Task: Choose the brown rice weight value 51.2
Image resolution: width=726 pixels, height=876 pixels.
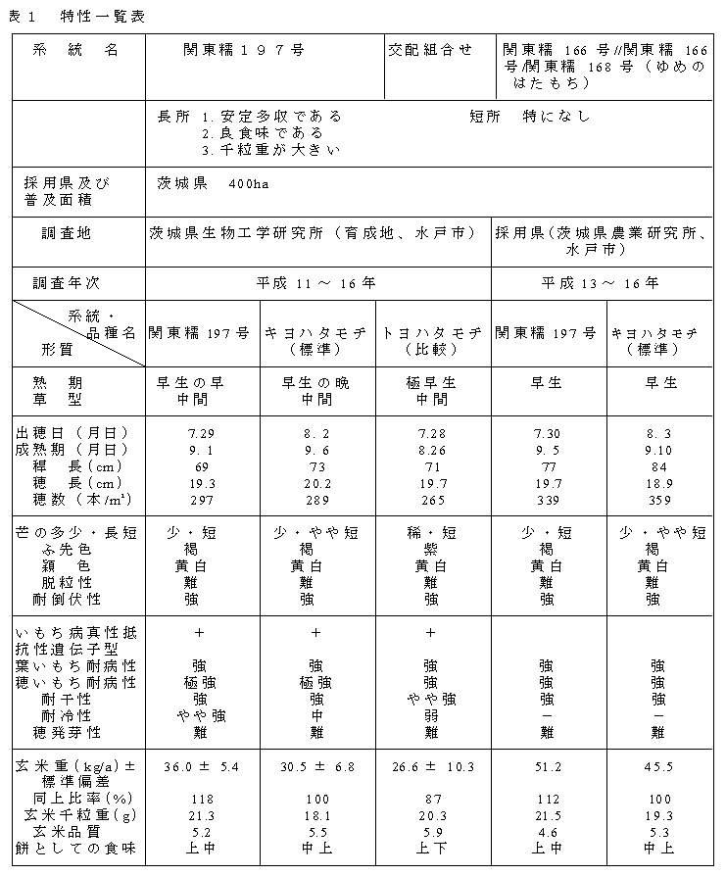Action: tap(548, 766)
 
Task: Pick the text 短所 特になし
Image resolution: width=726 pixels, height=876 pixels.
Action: tap(529, 117)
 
